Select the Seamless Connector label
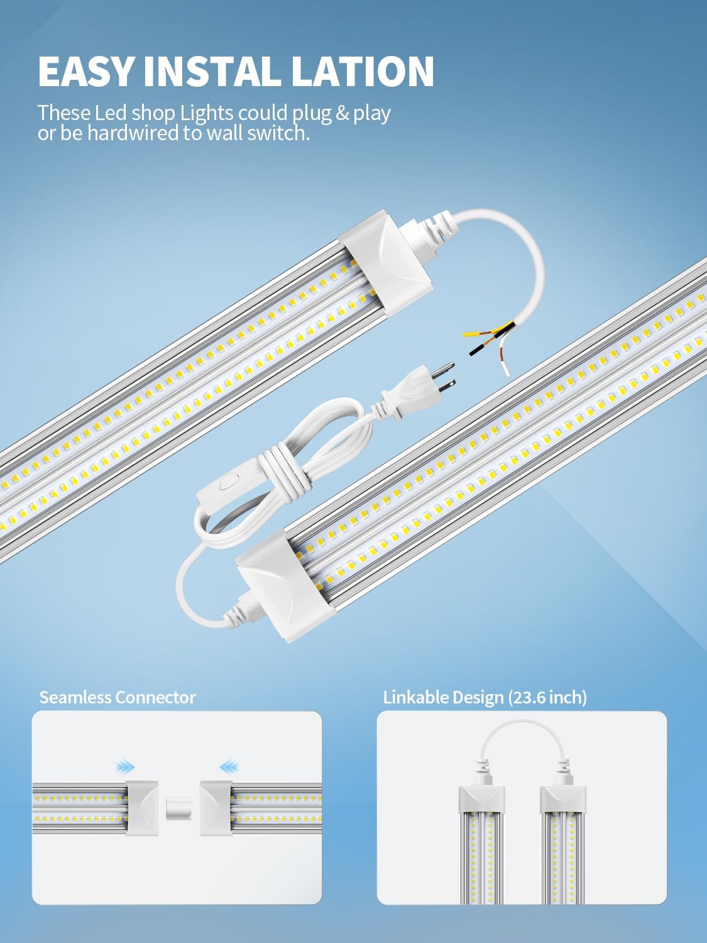(118, 697)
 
